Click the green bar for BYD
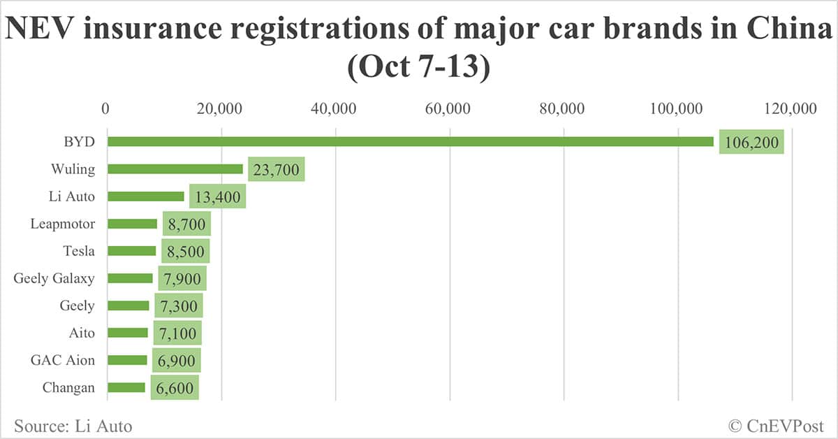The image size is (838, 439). pos(411,142)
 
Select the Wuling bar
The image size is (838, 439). pos(175,169)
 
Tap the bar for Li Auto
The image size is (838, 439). pos(146,196)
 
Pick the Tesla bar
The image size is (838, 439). pos(132,251)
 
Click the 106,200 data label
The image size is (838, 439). pos(751,143)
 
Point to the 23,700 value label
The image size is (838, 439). pos(276,170)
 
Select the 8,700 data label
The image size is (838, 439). pos(186,224)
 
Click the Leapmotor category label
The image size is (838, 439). pos(63,224)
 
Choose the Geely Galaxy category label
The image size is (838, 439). pos(54,278)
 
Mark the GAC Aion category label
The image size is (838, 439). pos(63,360)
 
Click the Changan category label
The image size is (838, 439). pos(68,387)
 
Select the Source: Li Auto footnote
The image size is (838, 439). pos(73,425)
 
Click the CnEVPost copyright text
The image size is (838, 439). pos(776,425)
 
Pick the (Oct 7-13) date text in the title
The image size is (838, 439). pos(419,71)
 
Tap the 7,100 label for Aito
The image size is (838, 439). pos(177,333)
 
